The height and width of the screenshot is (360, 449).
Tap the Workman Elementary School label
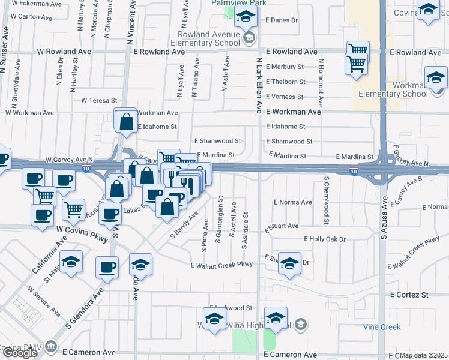[393, 89]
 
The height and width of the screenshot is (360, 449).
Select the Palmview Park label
[238, 3]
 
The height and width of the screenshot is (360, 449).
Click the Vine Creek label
[381, 327]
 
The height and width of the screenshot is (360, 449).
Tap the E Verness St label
[285, 97]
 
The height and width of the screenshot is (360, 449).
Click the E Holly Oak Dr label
[325, 239]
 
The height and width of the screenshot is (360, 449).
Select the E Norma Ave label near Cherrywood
[293, 202]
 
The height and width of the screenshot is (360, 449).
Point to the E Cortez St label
[409, 295]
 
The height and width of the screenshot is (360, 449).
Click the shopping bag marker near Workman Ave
[127, 122]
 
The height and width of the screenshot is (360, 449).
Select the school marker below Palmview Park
[246, 17]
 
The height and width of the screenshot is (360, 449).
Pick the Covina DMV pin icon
[52, 347]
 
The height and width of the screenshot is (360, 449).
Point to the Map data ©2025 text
[424, 355]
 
